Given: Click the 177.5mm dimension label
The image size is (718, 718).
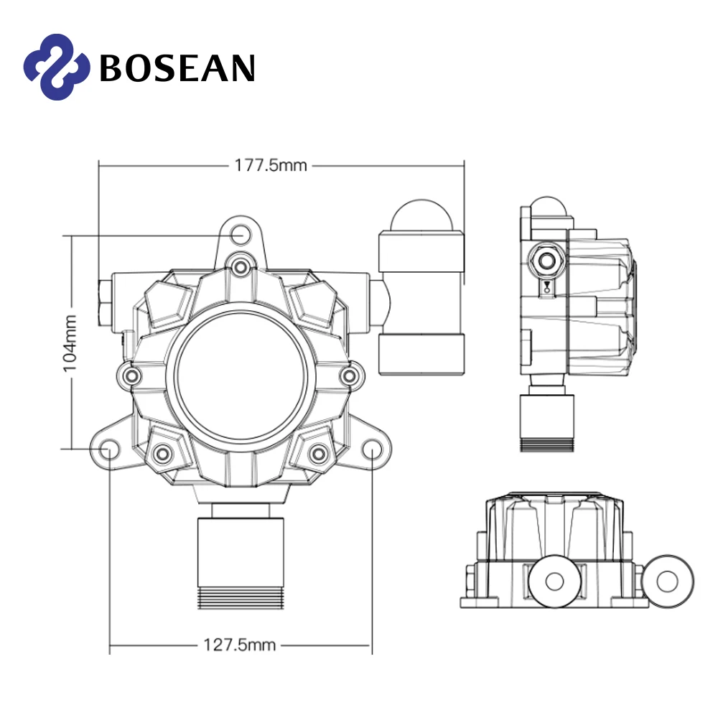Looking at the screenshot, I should (x=271, y=166).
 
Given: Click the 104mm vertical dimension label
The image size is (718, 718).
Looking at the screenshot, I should (x=70, y=342).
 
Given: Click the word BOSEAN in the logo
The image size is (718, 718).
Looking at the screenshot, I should (x=177, y=67).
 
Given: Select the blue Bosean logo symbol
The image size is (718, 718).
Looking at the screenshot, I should (x=57, y=67).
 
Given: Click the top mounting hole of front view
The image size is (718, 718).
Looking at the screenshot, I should (x=242, y=234).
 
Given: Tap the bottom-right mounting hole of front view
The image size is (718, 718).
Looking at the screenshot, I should (x=372, y=449).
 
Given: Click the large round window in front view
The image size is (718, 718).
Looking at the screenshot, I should (x=241, y=377).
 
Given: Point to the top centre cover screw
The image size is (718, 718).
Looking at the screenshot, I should (x=241, y=267).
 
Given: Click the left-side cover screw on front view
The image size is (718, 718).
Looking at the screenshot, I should (x=130, y=375).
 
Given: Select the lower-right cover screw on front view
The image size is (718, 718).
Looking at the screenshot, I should (x=317, y=452).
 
